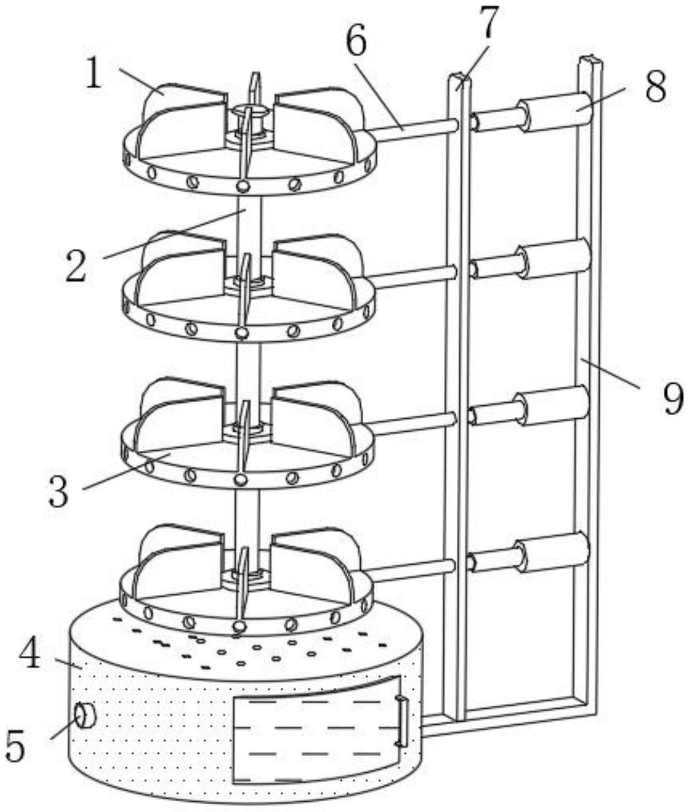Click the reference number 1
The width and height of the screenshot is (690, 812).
point(94,74)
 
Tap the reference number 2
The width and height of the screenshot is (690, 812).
point(76,266)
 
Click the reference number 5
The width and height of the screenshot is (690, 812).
point(15,745)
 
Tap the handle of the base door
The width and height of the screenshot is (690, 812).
point(402,721)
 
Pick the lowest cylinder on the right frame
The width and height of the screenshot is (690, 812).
point(555,552)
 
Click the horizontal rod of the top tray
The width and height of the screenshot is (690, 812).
point(413,128)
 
